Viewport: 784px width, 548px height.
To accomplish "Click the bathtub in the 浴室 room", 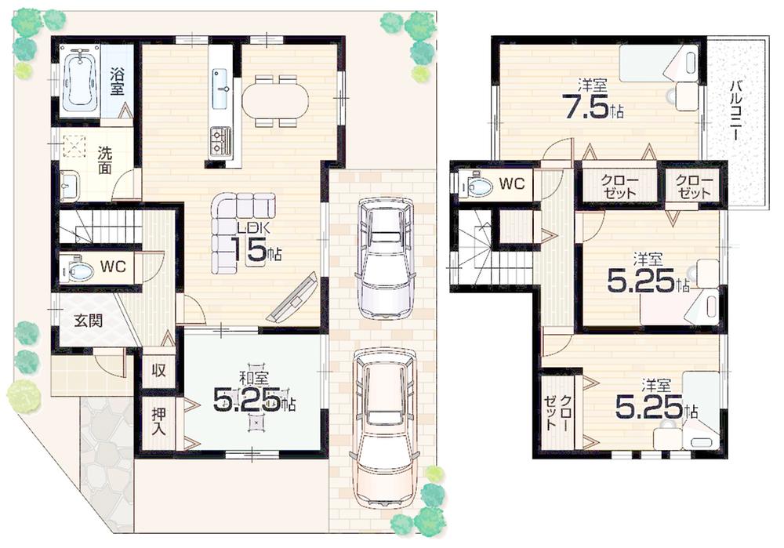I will tap(81, 80).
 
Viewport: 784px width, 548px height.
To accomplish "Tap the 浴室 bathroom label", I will tap(117, 82).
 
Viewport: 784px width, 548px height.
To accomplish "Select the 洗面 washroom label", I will tap(104, 161).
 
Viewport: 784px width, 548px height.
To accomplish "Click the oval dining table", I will tap(274, 100).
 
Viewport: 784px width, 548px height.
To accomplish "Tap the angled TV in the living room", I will tap(293, 299).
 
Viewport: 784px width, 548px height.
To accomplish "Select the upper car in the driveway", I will tap(384, 256).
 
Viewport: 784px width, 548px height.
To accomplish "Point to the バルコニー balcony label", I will tap(736, 110).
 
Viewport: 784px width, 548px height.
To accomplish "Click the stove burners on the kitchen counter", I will tap(220, 141).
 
